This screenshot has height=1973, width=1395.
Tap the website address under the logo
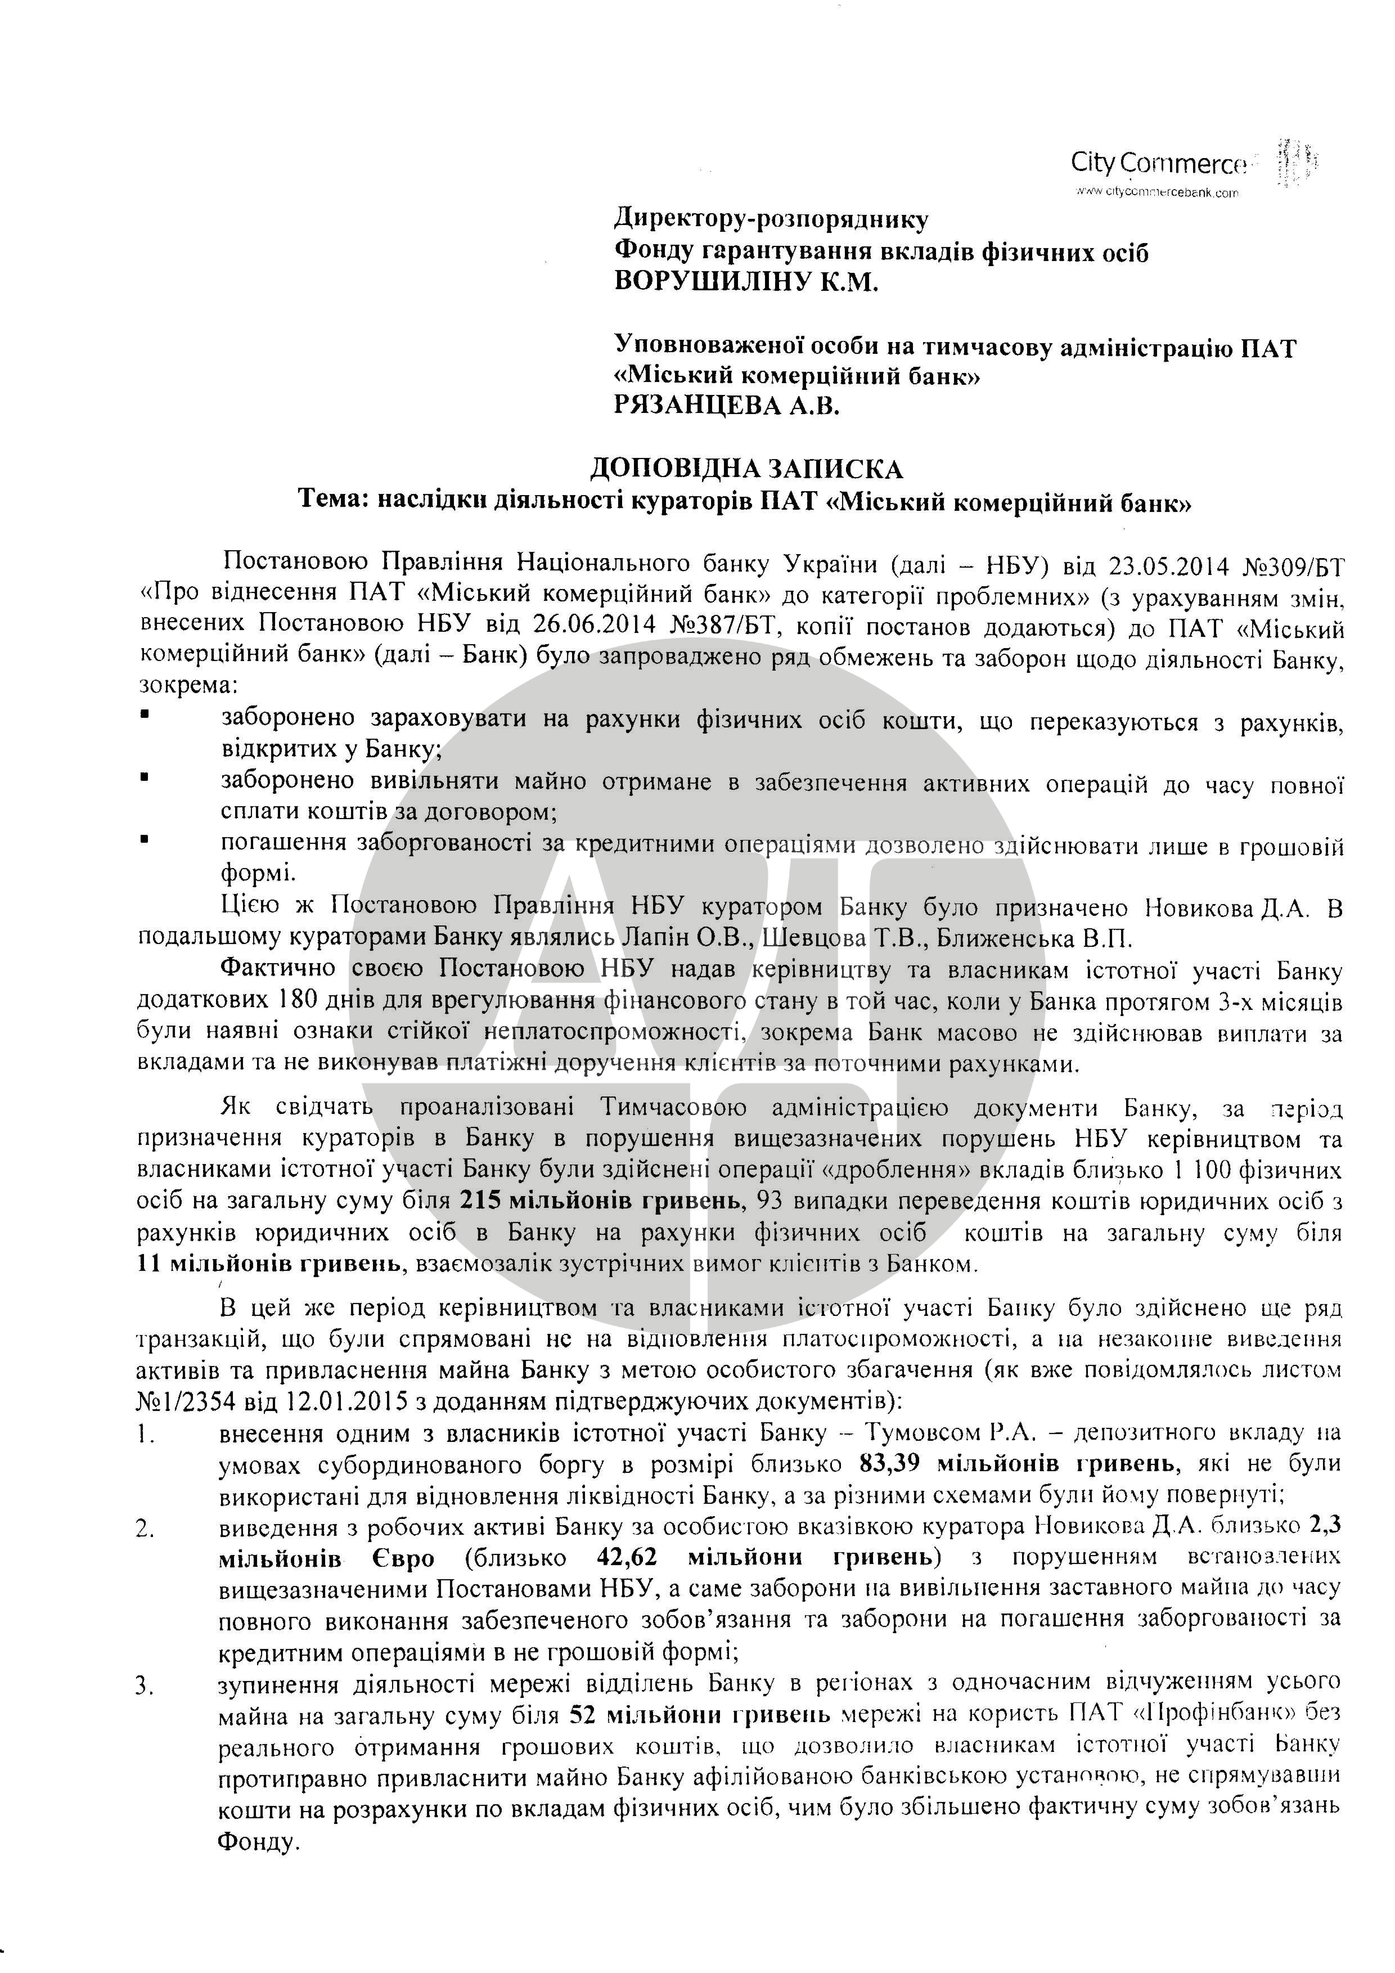pyautogui.click(x=1155, y=192)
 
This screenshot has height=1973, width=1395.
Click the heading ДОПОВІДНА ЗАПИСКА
pyautogui.click(x=746, y=469)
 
